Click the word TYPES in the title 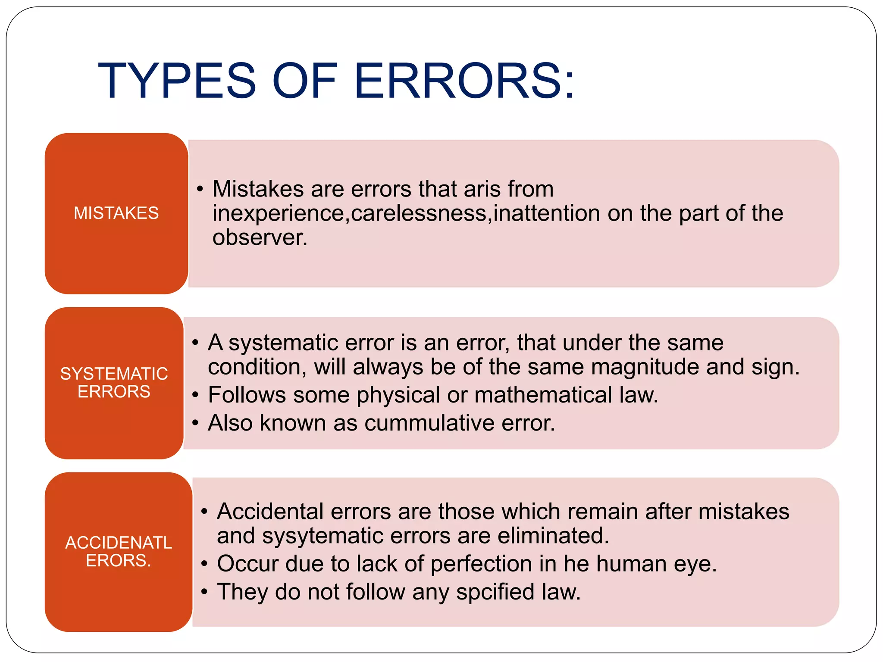pyautogui.click(x=177, y=81)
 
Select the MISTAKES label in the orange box pyautogui.click(x=116, y=213)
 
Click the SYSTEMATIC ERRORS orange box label pyautogui.click(x=114, y=382)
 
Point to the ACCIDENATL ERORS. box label pyautogui.click(x=119, y=551)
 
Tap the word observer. pyautogui.click(x=260, y=237)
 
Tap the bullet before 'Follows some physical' pyautogui.click(x=195, y=395)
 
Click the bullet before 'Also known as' pyautogui.click(x=195, y=423)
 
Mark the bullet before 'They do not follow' pyautogui.click(x=204, y=592)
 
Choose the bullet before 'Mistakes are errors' pyautogui.click(x=200, y=189)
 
